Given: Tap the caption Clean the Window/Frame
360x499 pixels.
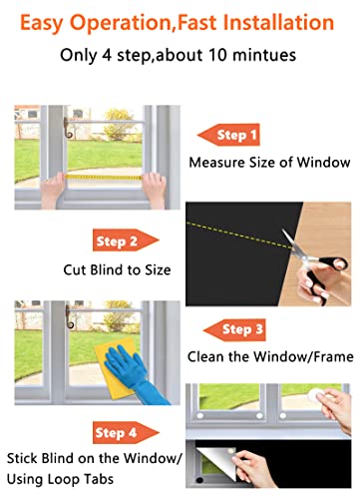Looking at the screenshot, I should pos(269,355).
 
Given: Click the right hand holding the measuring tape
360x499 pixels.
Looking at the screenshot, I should pos(155,186).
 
